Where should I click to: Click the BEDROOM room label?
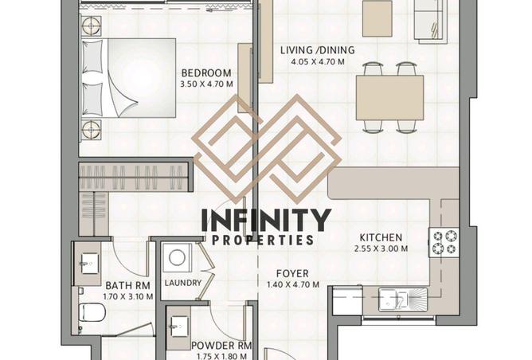pos(206,73)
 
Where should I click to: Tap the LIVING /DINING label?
pos(318,50)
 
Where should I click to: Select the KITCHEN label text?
pos(381,237)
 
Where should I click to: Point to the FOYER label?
pos(292,273)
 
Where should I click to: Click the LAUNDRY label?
pos(183,283)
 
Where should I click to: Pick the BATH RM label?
pos(128,285)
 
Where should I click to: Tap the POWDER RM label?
pos(221,346)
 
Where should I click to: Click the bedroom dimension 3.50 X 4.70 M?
pos(206,84)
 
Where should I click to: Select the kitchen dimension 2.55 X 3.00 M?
pos(381,248)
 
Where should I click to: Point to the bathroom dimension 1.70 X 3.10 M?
pos(128,296)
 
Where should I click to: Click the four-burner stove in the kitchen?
pos(444,242)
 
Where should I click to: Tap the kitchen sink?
pos(403,299)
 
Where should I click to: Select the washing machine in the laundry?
pos(177,258)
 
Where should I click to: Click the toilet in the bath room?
pos(90,312)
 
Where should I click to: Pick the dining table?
pos(389,97)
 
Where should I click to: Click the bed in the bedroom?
pos(129,78)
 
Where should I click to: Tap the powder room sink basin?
pos(178,327)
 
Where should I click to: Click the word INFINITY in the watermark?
pos(266,220)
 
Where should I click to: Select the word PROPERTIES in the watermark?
pos(263,241)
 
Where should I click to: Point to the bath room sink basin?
pos(89,264)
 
